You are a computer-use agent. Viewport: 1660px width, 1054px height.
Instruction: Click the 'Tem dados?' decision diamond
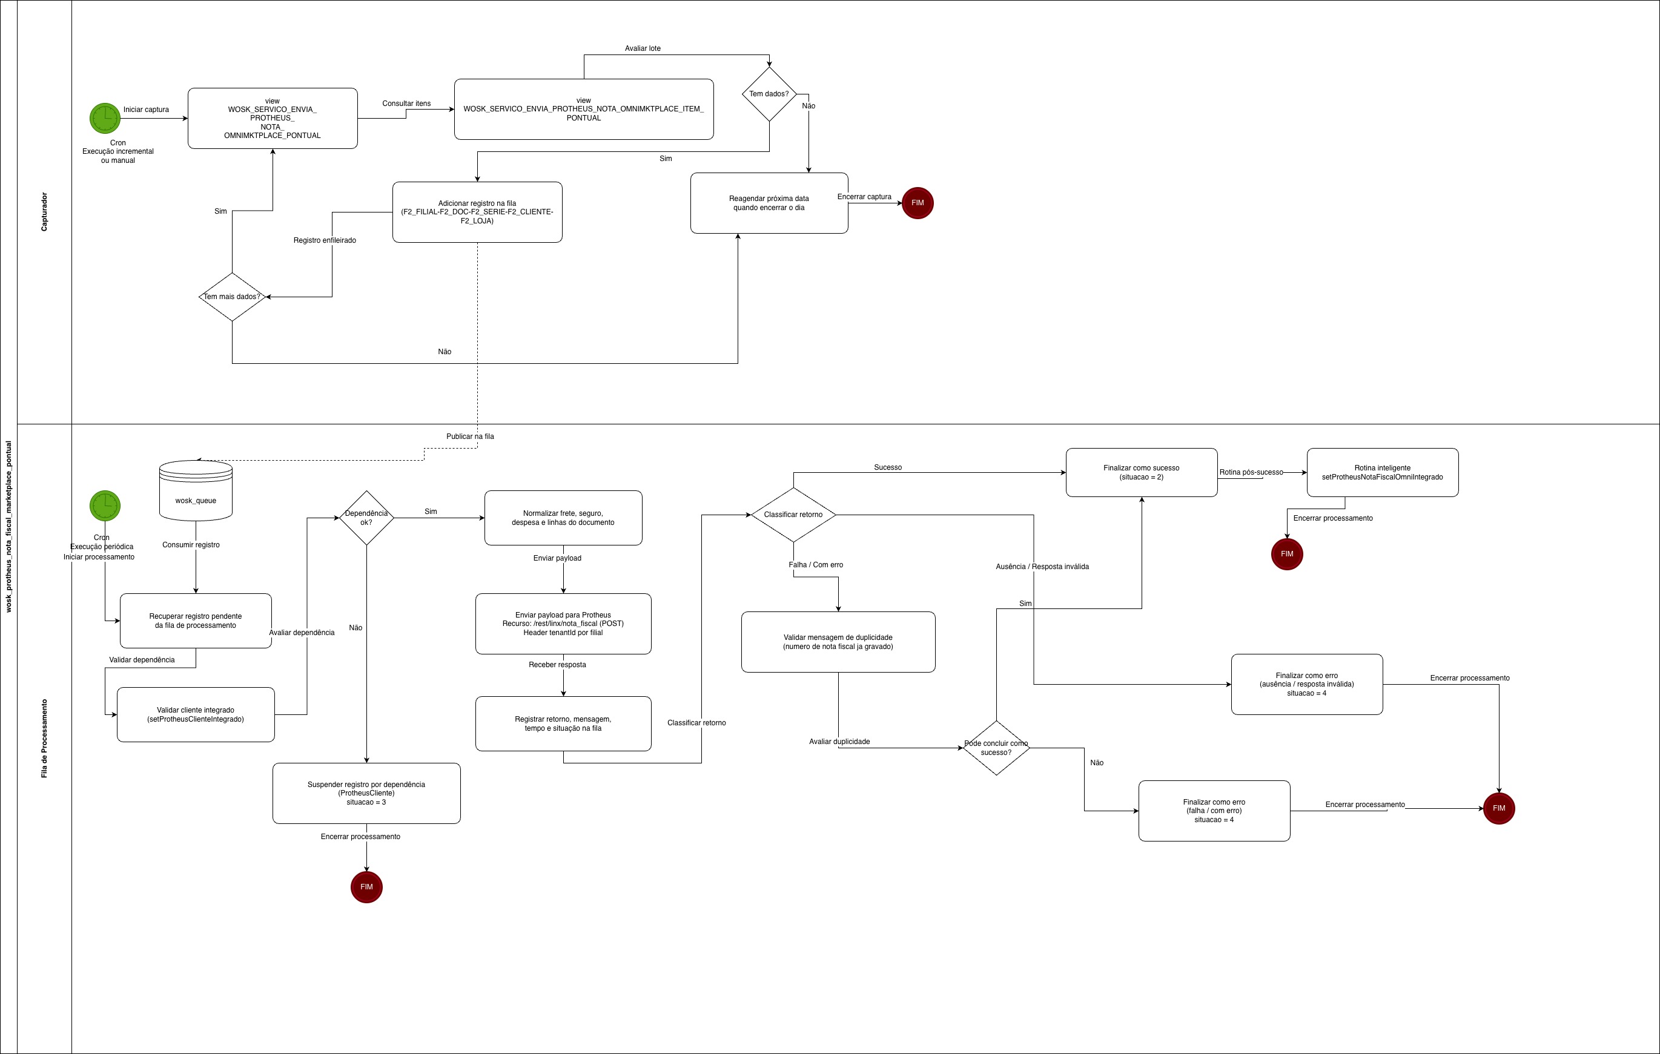tap(769, 94)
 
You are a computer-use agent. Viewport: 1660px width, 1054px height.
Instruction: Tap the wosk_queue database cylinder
tap(196, 490)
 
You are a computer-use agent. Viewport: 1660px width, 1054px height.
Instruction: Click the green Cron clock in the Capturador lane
tap(105, 119)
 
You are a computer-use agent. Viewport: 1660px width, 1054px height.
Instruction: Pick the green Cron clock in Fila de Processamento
tap(105, 506)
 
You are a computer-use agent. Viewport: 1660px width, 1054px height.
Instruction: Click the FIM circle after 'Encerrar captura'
tap(917, 203)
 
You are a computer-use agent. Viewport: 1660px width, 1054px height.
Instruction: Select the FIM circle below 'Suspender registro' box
tap(366, 886)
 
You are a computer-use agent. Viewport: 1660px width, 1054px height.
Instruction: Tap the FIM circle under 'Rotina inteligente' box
tap(1286, 554)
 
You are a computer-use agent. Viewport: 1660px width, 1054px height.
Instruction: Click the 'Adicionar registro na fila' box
tap(477, 212)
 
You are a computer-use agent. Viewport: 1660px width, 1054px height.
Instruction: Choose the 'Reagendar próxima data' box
tap(769, 203)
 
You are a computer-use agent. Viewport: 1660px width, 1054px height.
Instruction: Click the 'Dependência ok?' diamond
tap(366, 518)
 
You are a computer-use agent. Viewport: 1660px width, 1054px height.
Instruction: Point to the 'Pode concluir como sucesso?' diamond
tap(996, 748)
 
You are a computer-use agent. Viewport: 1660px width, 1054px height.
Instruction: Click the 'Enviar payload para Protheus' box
tap(563, 624)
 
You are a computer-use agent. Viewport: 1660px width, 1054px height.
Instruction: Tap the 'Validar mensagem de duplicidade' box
tap(838, 642)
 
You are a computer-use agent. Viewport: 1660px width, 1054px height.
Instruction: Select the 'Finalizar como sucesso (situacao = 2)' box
tap(1141, 472)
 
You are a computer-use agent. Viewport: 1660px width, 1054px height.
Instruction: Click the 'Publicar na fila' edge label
tap(469, 436)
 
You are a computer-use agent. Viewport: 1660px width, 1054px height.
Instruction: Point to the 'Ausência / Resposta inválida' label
tap(1042, 567)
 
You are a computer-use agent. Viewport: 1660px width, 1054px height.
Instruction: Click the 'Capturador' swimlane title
tap(45, 212)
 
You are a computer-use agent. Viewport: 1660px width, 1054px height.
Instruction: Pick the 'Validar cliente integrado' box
tap(195, 715)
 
